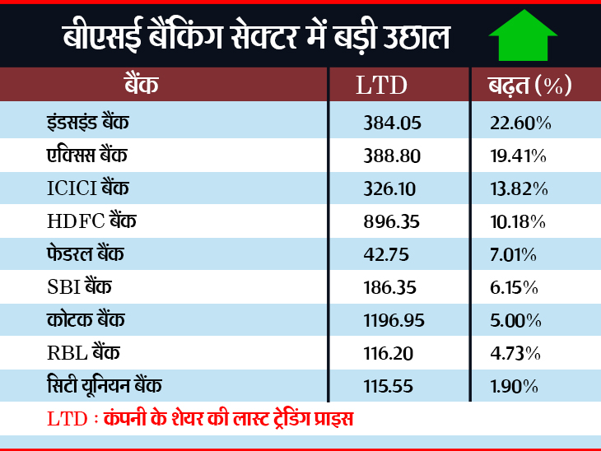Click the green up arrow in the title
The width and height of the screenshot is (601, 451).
click(x=523, y=35)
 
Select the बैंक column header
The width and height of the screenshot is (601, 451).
click(x=141, y=85)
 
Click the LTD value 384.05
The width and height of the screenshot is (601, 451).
click(x=392, y=123)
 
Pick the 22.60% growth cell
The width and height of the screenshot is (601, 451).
click(x=519, y=123)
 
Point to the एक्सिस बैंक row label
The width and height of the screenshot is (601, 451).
click(x=88, y=156)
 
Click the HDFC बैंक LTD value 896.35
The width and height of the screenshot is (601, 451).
click(x=392, y=222)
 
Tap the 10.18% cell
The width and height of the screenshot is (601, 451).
click(x=518, y=222)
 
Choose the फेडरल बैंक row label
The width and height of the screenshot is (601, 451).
click(x=86, y=254)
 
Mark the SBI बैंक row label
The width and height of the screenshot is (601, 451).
click(x=80, y=287)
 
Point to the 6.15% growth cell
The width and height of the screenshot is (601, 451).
click(x=515, y=288)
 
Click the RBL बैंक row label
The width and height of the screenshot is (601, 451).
click(x=83, y=353)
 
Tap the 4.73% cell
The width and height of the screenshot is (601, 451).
click(x=515, y=354)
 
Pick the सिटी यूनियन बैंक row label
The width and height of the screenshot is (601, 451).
click(x=105, y=386)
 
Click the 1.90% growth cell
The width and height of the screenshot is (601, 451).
click(x=515, y=387)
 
